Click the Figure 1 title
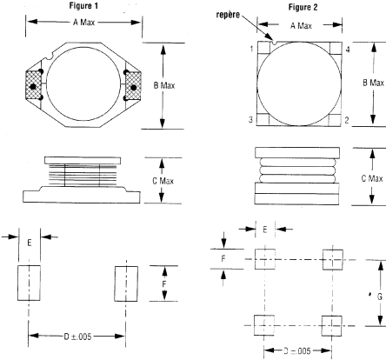[x=83, y=5]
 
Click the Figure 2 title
[x=303, y=7]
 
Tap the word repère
[x=228, y=15]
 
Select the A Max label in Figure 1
[x=83, y=23]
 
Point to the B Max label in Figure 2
[x=373, y=83]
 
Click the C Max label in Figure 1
[x=163, y=181]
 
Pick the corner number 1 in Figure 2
[x=251, y=49]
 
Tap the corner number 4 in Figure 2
[x=348, y=50]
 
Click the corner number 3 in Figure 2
[x=250, y=119]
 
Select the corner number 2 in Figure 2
[x=347, y=120]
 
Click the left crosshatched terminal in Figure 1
[x=33, y=85]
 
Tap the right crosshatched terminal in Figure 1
[x=133, y=86]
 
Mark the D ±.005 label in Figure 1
[x=77, y=337]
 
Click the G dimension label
[x=379, y=297]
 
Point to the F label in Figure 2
[x=223, y=258]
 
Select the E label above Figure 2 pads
[x=265, y=230]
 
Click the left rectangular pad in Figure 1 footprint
[x=29, y=283]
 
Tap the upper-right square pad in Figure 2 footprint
[x=333, y=259]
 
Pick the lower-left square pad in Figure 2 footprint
[x=264, y=325]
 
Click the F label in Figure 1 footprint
[x=164, y=284]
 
